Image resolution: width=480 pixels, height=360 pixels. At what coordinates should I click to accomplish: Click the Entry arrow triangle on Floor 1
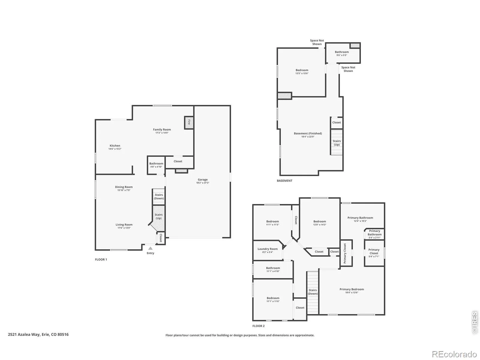point(150,248)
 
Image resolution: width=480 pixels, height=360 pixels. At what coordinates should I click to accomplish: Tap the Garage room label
point(202,179)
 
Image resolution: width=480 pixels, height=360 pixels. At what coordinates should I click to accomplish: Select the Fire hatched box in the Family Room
point(189,123)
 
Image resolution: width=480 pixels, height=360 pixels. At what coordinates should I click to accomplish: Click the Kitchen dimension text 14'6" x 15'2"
point(115,149)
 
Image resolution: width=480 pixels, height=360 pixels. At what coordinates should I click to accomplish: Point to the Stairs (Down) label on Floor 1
point(159,196)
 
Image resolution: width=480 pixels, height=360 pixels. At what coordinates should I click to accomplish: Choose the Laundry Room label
point(267,249)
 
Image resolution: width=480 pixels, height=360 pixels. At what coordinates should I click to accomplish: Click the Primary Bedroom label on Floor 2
point(352,289)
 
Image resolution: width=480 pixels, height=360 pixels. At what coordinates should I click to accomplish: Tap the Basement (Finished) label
point(308,133)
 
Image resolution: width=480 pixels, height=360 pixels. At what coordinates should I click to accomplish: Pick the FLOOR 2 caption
point(259,326)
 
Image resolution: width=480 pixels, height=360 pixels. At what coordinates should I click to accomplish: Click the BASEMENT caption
point(284,181)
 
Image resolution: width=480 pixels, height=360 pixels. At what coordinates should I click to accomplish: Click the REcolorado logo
point(454,354)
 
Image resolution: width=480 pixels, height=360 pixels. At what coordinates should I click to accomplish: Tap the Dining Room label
point(124,187)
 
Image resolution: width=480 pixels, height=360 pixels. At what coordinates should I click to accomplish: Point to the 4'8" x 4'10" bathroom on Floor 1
point(156,165)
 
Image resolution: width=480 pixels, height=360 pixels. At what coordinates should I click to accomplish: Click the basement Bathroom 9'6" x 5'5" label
point(342,53)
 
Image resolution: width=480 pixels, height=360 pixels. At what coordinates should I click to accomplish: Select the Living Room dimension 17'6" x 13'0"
point(124,228)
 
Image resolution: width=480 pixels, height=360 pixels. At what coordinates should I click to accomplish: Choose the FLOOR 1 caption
point(101,259)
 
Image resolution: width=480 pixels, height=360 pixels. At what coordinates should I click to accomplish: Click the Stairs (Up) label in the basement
point(337,143)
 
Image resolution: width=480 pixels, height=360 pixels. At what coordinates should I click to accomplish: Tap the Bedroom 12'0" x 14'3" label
point(319,223)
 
